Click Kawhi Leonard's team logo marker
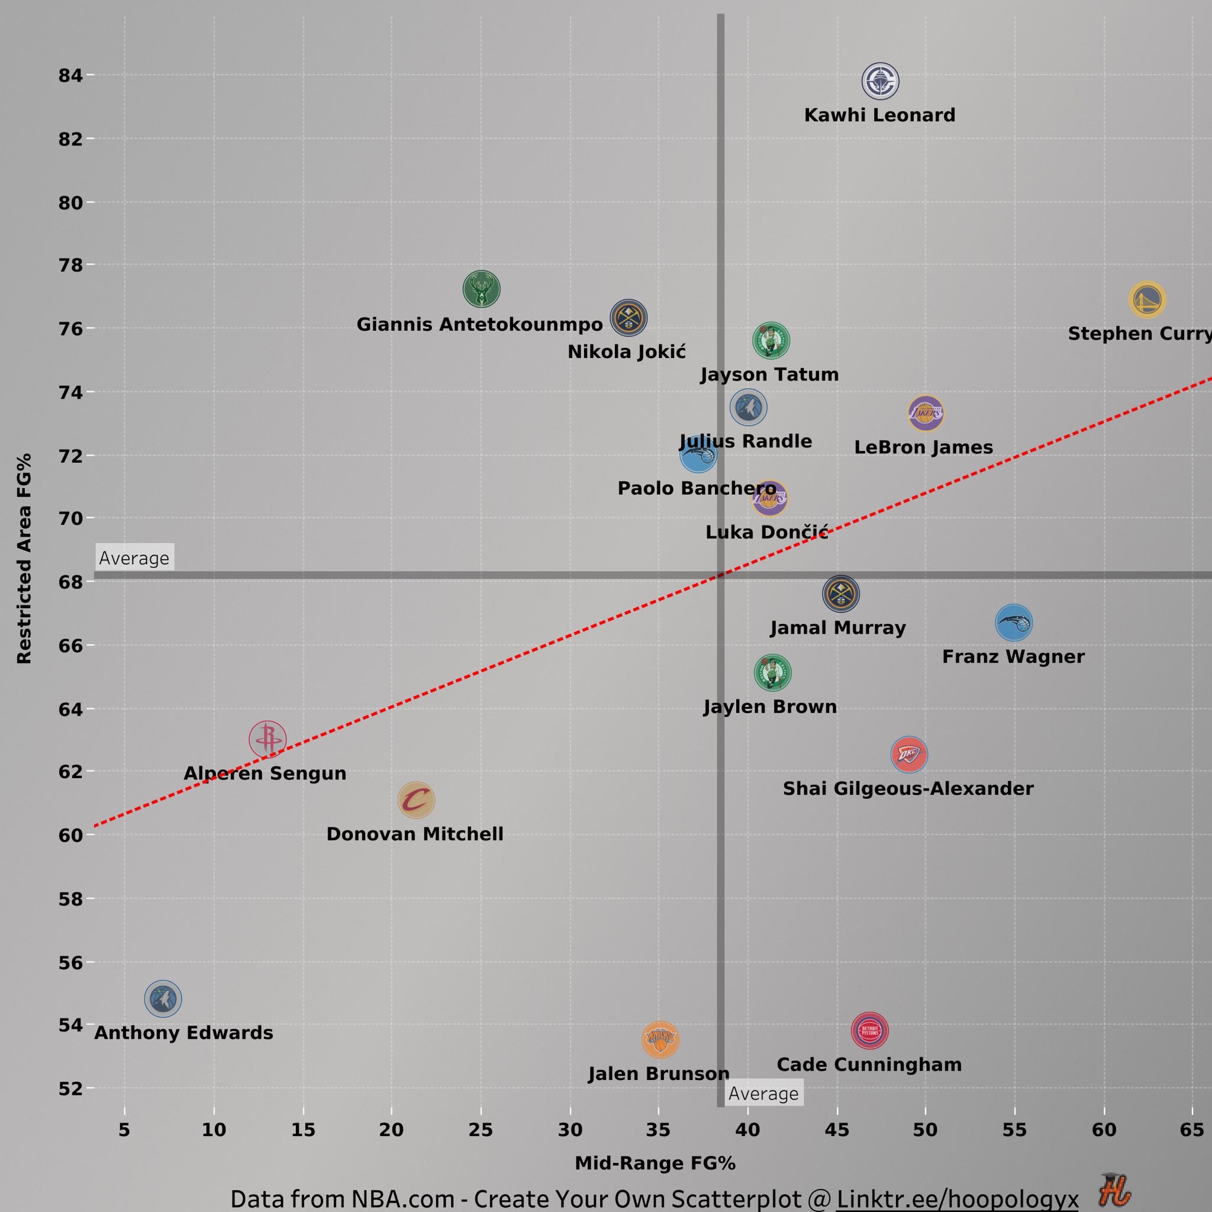tap(880, 81)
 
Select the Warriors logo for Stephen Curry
tap(1147, 299)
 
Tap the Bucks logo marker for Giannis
tap(481, 289)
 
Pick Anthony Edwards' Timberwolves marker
tap(163, 998)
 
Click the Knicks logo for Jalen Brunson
tap(660, 1039)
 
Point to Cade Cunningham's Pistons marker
tap(869, 1031)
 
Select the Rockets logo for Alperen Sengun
tap(268, 740)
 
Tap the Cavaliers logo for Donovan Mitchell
tap(416, 801)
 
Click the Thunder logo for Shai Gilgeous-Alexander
tap(909, 754)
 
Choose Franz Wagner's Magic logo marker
tap(1014, 623)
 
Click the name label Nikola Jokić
tap(626, 352)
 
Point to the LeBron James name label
tap(923, 447)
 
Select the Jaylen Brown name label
tap(770, 707)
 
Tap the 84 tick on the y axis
tap(70, 75)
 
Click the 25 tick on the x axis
tap(481, 1130)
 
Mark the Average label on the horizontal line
tap(134, 557)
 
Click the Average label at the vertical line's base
tap(763, 1094)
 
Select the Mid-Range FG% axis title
tap(655, 1163)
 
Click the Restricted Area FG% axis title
tap(24, 558)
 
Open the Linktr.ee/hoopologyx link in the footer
tap(957, 1199)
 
